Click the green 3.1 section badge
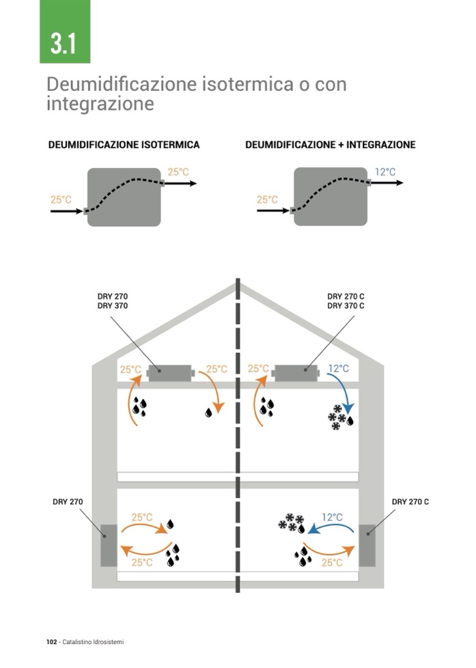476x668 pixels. [65, 32]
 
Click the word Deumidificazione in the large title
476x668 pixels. [121, 85]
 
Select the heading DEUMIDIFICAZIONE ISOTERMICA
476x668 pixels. [124, 145]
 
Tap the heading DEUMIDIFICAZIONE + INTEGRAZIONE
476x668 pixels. [330, 145]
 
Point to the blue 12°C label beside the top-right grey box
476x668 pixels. [385, 171]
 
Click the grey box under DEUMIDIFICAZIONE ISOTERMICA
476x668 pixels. [124, 197]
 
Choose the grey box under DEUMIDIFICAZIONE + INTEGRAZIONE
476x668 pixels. [331, 197]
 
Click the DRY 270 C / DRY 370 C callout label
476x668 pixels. [346, 301]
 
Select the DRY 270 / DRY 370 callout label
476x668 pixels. [113, 301]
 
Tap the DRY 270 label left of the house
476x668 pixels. [68, 502]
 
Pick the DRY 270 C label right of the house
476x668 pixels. [410, 502]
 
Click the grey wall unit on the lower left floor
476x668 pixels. [108, 544]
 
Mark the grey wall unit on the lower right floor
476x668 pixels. [367, 544]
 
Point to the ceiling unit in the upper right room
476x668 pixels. [296, 373]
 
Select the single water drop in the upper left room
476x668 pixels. [208, 413]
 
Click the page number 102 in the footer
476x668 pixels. [51, 642]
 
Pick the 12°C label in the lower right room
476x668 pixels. [332, 517]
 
